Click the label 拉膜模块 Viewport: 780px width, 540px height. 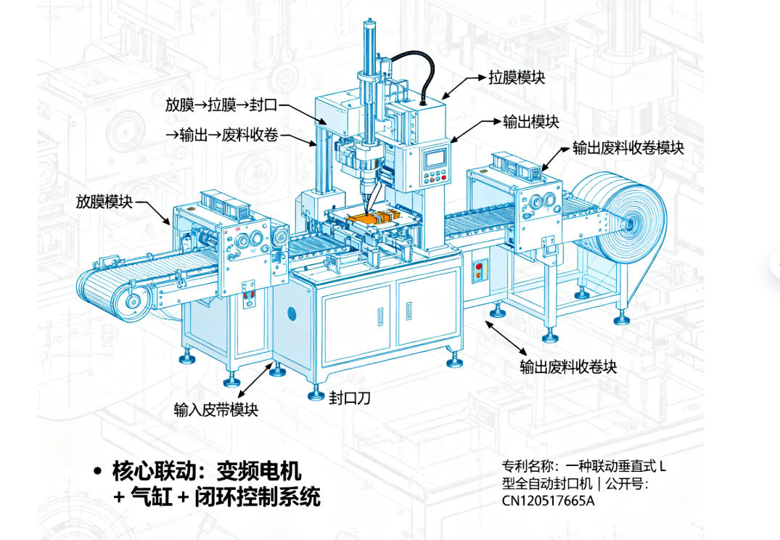click(x=517, y=78)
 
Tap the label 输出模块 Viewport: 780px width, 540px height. click(x=531, y=121)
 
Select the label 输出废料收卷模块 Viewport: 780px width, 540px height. click(x=628, y=148)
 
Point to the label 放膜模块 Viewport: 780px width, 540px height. click(x=104, y=202)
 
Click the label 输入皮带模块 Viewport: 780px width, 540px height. click(x=216, y=409)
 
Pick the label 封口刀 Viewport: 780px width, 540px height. click(x=350, y=398)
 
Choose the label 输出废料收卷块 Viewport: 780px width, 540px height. click(x=569, y=367)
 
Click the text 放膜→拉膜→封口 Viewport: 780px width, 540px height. click(x=221, y=105)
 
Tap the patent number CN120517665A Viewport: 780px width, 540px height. click(x=549, y=500)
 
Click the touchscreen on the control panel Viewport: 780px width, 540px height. click(x=435, y=157)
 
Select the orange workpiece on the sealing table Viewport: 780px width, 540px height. click(x=367, y=218)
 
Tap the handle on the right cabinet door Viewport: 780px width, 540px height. click(x=409, y=311)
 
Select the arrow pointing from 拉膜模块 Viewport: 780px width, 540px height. click(x=464, y=88)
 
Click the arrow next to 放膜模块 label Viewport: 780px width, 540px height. click(x=152, y=213)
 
